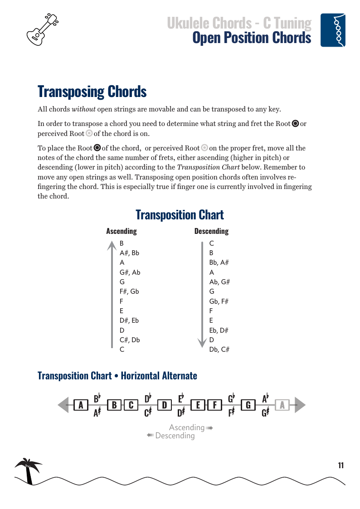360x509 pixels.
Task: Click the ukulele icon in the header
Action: tap(43, 29)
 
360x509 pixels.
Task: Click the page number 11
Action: tap(341, 465)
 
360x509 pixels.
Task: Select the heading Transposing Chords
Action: tap(92, 91)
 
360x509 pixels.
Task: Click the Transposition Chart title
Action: tap(180, 214)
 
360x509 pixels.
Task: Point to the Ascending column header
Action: tap(121, 231)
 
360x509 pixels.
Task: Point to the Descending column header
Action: tap(211, 231)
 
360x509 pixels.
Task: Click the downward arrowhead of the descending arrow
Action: tap(202, 343)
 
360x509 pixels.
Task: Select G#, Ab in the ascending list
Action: tap(130, 272)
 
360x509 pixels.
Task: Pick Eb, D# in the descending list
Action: tap(219, 330)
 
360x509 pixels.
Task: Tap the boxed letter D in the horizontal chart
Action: tap(165, 405)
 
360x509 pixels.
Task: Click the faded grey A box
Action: tap(282, 405)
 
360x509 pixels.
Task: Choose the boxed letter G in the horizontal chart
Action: tap(248, 405)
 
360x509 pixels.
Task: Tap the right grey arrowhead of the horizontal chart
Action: tap(300, 405)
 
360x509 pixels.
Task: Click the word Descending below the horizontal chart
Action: tap(175, 436)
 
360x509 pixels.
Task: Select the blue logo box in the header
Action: tap(333, 30)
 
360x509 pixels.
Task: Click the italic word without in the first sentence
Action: tap(83, 109)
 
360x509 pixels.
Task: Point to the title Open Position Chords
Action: tap(252, 38)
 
